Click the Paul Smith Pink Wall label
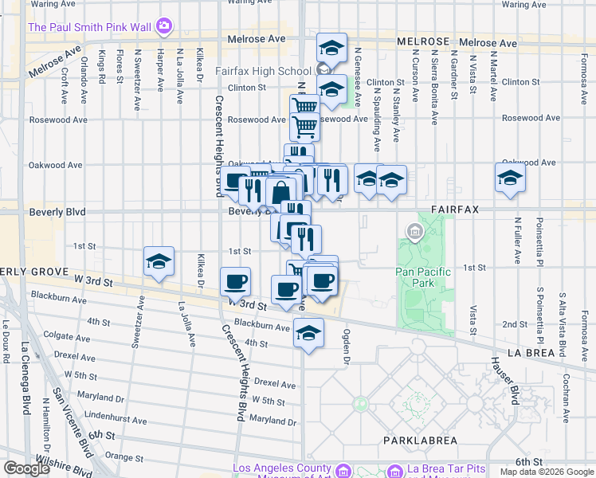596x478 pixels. tap(89, 27)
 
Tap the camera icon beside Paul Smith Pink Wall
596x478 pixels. tap(163, 27)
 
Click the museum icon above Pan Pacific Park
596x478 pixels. tap(414, 232)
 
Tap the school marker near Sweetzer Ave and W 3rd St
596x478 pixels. tap(159, 261)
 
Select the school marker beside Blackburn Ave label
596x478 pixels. tap(308, 333)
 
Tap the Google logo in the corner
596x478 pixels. tap(27, 468)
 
